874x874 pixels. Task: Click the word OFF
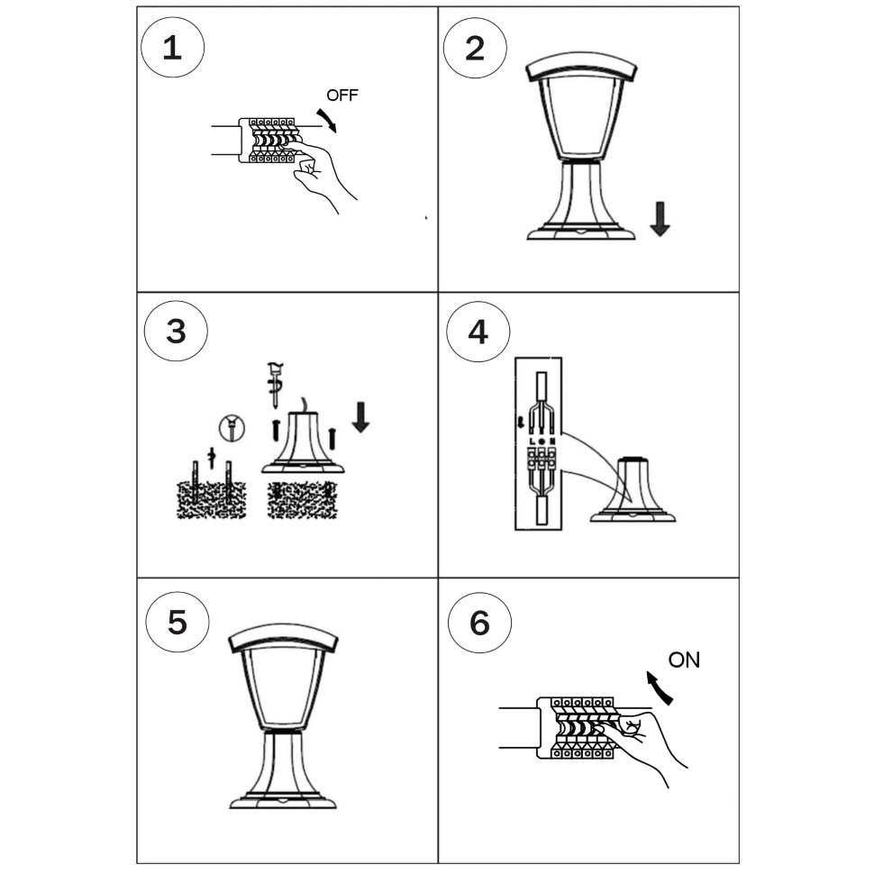pos(342,96)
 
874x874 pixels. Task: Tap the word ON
pos(684,660)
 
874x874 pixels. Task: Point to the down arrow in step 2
pos(660,219)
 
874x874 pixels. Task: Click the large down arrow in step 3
pos(360,417)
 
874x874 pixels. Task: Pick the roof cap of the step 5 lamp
pos(284,638)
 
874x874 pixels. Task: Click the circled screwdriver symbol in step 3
pos(232,428)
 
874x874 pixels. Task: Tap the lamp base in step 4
pos(633,490)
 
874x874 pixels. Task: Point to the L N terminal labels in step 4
pos(542,442)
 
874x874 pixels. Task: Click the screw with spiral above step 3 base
pos(275,385)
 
